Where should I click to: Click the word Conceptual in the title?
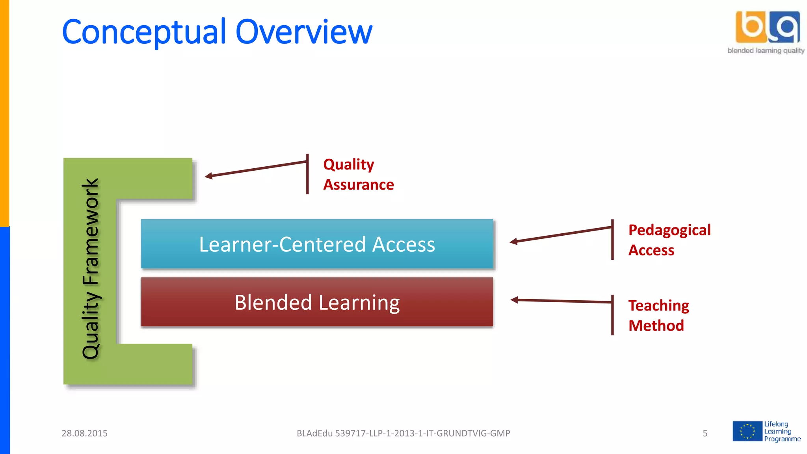[x=144, y=32]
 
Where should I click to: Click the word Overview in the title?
[x=303, y=32]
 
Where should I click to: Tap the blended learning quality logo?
[x=766, y=32]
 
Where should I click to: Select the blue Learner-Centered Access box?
[x=317, y=244]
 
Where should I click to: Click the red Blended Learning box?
[x=317, y=302]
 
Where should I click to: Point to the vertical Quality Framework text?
[x=91, y=269]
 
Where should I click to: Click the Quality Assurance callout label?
[x=358, y=174]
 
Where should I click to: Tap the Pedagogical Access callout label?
[x=669, y=240]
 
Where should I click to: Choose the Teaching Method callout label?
[x=658, y=315]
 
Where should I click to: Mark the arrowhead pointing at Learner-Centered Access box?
[x=513, y=241]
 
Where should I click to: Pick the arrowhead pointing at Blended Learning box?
[x=514, y=300]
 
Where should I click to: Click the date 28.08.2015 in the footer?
[x=84, y=433]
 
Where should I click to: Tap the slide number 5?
[x=705, y=433]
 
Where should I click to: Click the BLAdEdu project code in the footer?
[x=403, y=433]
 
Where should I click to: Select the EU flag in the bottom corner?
[x=747, y=431]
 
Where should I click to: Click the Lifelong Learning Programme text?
[x=782, y=431]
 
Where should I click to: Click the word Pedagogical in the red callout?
[x=669, y=230]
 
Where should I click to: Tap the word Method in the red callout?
[x=656, y=326]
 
